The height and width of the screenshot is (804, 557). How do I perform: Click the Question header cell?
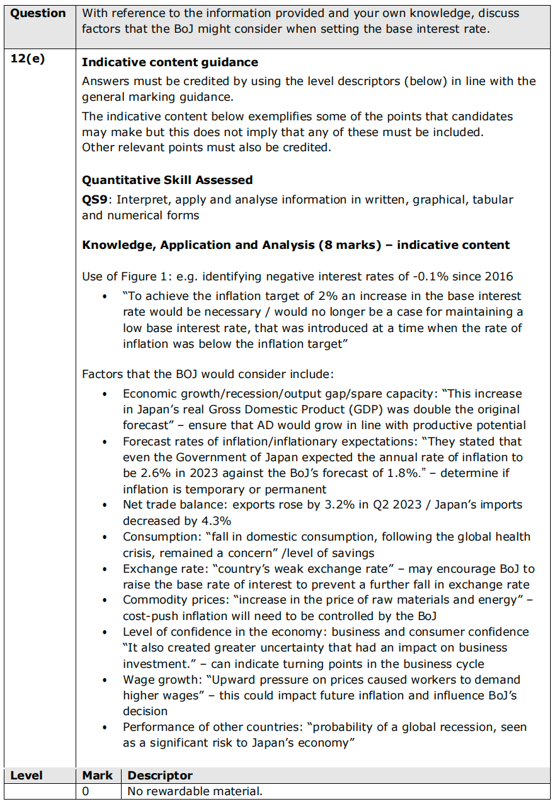38,13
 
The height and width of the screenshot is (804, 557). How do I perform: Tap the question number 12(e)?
28,61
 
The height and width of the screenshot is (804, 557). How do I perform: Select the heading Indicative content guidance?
169,62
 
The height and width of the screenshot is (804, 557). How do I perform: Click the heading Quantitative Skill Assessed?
167,180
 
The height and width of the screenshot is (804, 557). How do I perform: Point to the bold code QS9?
95,200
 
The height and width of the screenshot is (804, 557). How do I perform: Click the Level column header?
27,775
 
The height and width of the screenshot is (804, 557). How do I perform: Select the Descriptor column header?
160,775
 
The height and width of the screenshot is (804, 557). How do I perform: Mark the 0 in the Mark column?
86,791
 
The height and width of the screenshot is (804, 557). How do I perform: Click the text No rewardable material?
195,791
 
